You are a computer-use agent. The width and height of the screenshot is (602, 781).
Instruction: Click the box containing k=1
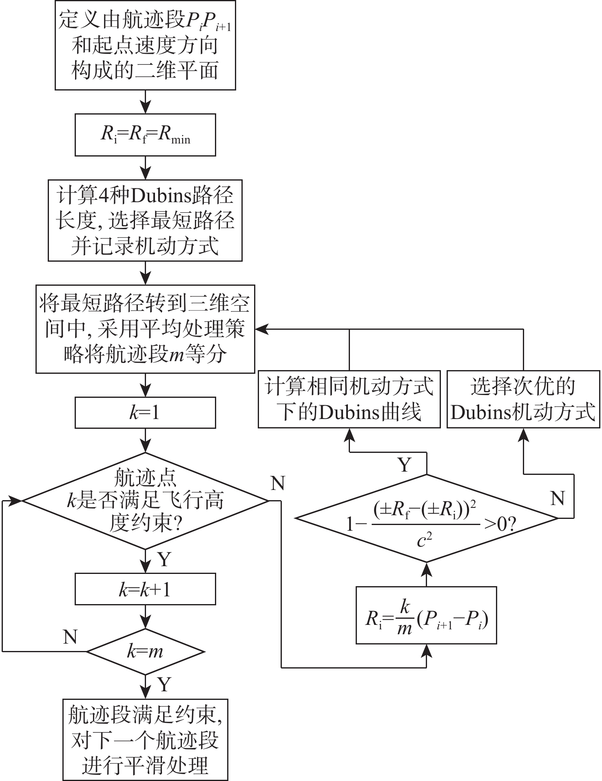pyautogui.click(x=145, y=413)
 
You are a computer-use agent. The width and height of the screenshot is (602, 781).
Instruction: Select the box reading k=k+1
pyautogui.click(x=145, y=590)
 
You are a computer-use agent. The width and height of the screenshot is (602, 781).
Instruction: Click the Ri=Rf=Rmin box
pyautogui.click(x=145, y=135)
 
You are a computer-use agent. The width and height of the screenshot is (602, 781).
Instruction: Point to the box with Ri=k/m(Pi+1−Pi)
pyautogui.click(x=426, y=616)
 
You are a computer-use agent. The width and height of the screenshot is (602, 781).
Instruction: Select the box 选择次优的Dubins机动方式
pyautogui.click(x=523, y=399)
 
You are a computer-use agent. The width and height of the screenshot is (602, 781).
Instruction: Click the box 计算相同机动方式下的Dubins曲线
pyautogui.click(x=349, y=399)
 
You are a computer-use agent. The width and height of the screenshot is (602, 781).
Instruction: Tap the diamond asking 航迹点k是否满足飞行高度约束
pyautogui.click(x=145, y=501)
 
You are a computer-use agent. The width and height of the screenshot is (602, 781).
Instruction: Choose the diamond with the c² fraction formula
pyautogui.click(x=426, y=518)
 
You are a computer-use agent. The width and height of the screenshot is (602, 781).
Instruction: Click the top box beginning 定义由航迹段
pyautogui.click(x=145, y=45)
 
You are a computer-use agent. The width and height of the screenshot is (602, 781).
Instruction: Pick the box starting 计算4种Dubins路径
pyautogui.click(x=145, y=220)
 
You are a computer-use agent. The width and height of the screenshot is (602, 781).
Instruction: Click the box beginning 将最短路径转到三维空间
pyautogui.click(x=145, y=329)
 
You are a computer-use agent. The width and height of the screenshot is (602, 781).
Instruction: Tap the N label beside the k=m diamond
pyautogui.click(x=70, y=636)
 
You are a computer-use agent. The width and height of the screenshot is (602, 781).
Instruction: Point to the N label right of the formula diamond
pyautogui.click(x=557, y=498)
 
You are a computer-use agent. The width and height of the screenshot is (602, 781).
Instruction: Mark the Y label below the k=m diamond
pyautogui.click(x=164, y=685)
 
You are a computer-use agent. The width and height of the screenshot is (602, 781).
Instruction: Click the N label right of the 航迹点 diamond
pyautogui.click(x=277, y=483)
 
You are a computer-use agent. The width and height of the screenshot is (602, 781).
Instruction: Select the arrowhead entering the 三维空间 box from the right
pyautogui.click(x=261, y=329)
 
